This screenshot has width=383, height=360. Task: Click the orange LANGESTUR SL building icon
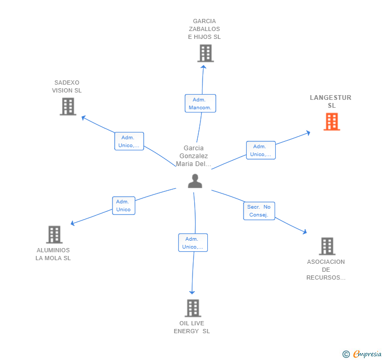(x=331, y=122)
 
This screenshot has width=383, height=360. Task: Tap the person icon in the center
(x=195, y=181)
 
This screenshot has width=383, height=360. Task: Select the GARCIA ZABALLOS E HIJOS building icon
(x=205, y=53)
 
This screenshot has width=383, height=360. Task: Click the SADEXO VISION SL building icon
(x=68, y=107)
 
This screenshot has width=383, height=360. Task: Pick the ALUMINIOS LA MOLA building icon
(x=54, y=234)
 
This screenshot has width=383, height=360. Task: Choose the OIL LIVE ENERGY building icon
(x=193, y=308)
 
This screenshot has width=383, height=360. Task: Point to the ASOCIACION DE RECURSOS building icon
(x=327, y=246)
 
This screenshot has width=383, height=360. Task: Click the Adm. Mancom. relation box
(x=200, y=104)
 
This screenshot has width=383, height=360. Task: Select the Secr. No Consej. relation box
(x=259, y=211)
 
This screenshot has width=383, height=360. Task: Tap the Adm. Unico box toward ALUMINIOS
(x=123, y=205)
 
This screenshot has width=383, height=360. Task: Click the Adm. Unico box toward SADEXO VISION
(x=129, y=141)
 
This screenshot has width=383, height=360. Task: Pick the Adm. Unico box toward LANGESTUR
(x=260, y=150)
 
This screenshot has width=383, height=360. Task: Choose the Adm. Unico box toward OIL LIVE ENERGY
(x=193, y=243)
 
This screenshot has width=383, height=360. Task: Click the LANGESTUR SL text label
(x=330, y=101)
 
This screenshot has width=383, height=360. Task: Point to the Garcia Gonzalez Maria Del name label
(x=194, y=156)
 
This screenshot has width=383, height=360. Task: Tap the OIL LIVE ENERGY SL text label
(x=192, y=327)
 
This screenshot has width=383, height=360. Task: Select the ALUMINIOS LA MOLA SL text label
(x=53, y=254)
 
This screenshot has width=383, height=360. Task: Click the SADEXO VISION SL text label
(x=67, y=87)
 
